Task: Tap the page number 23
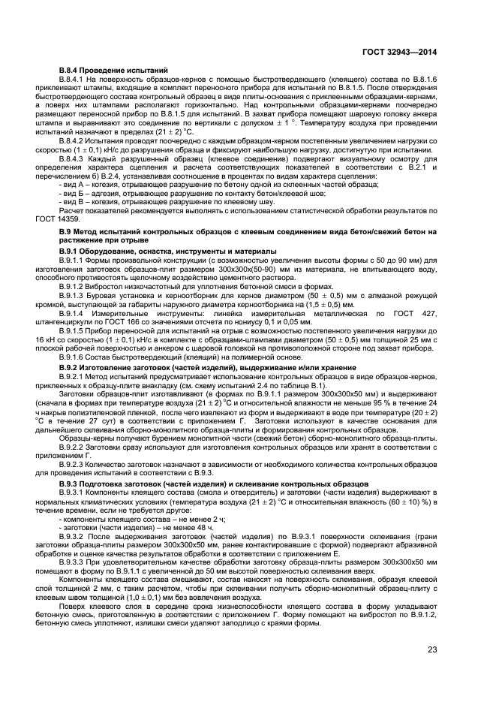[432, 649]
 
